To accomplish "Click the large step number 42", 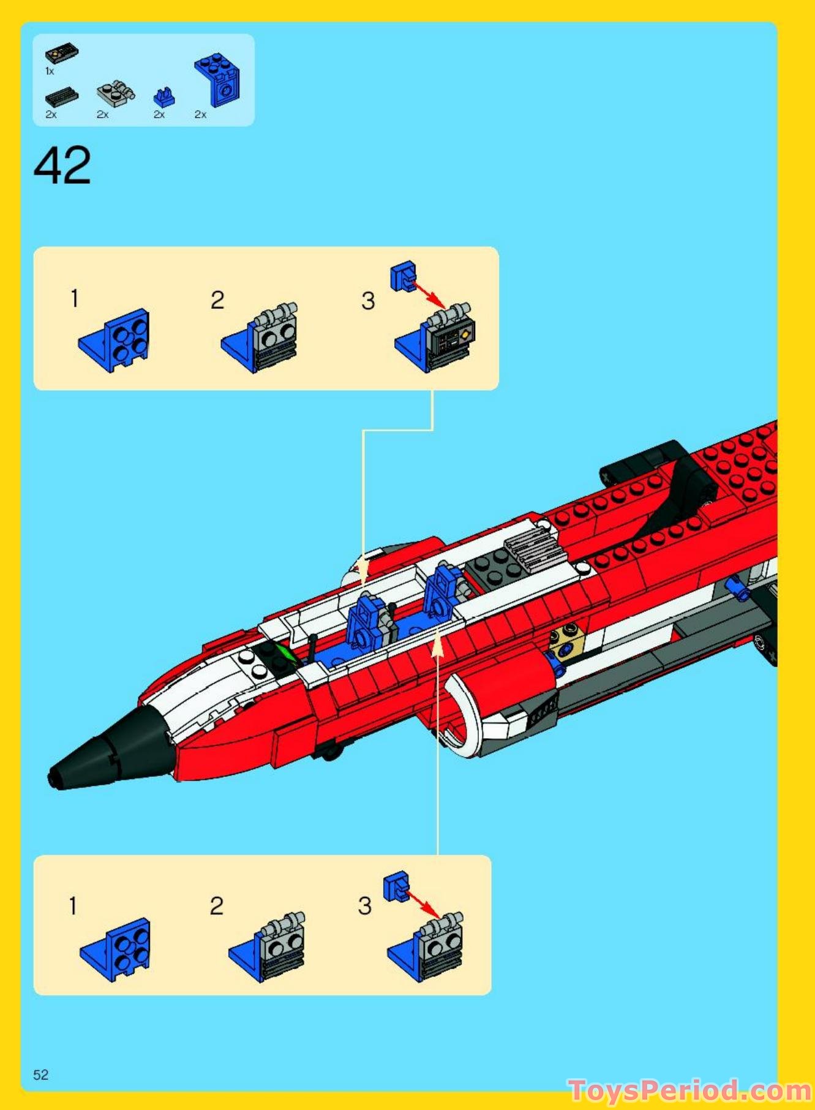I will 62,165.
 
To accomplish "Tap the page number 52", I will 40,1074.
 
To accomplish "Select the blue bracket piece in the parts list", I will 218,80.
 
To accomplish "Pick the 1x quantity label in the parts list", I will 50,72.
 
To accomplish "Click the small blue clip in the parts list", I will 163,96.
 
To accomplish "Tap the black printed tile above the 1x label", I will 61,54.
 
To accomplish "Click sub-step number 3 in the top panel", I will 367,301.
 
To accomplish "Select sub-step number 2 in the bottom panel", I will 216,906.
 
